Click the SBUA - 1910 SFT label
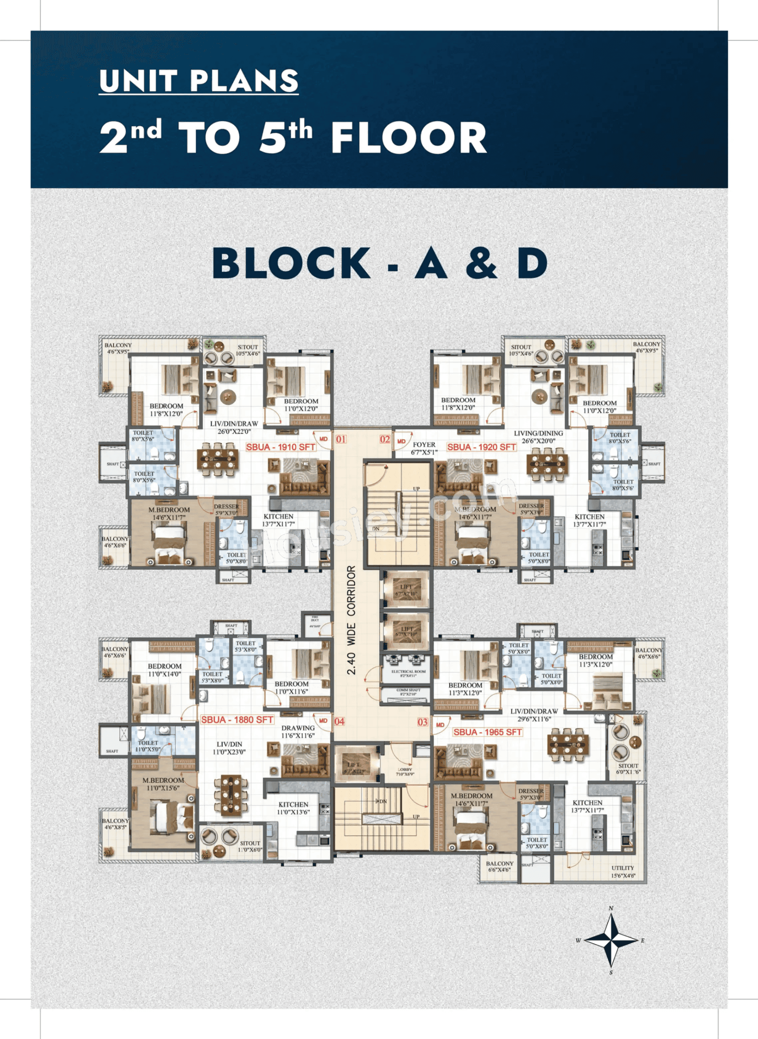pos(280,447)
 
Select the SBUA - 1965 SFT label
pos(487,732)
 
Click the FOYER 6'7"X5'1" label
pos(424,448)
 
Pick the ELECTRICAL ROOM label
pos(408,673)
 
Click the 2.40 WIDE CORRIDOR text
pos(351,620)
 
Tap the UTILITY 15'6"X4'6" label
pos(623,871)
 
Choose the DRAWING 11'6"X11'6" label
pos(298,731)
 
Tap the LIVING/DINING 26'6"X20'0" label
pos(538,437)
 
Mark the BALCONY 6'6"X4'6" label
pos(500,866)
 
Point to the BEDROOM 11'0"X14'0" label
pos(164,670)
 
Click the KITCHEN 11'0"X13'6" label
pos(293,808)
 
